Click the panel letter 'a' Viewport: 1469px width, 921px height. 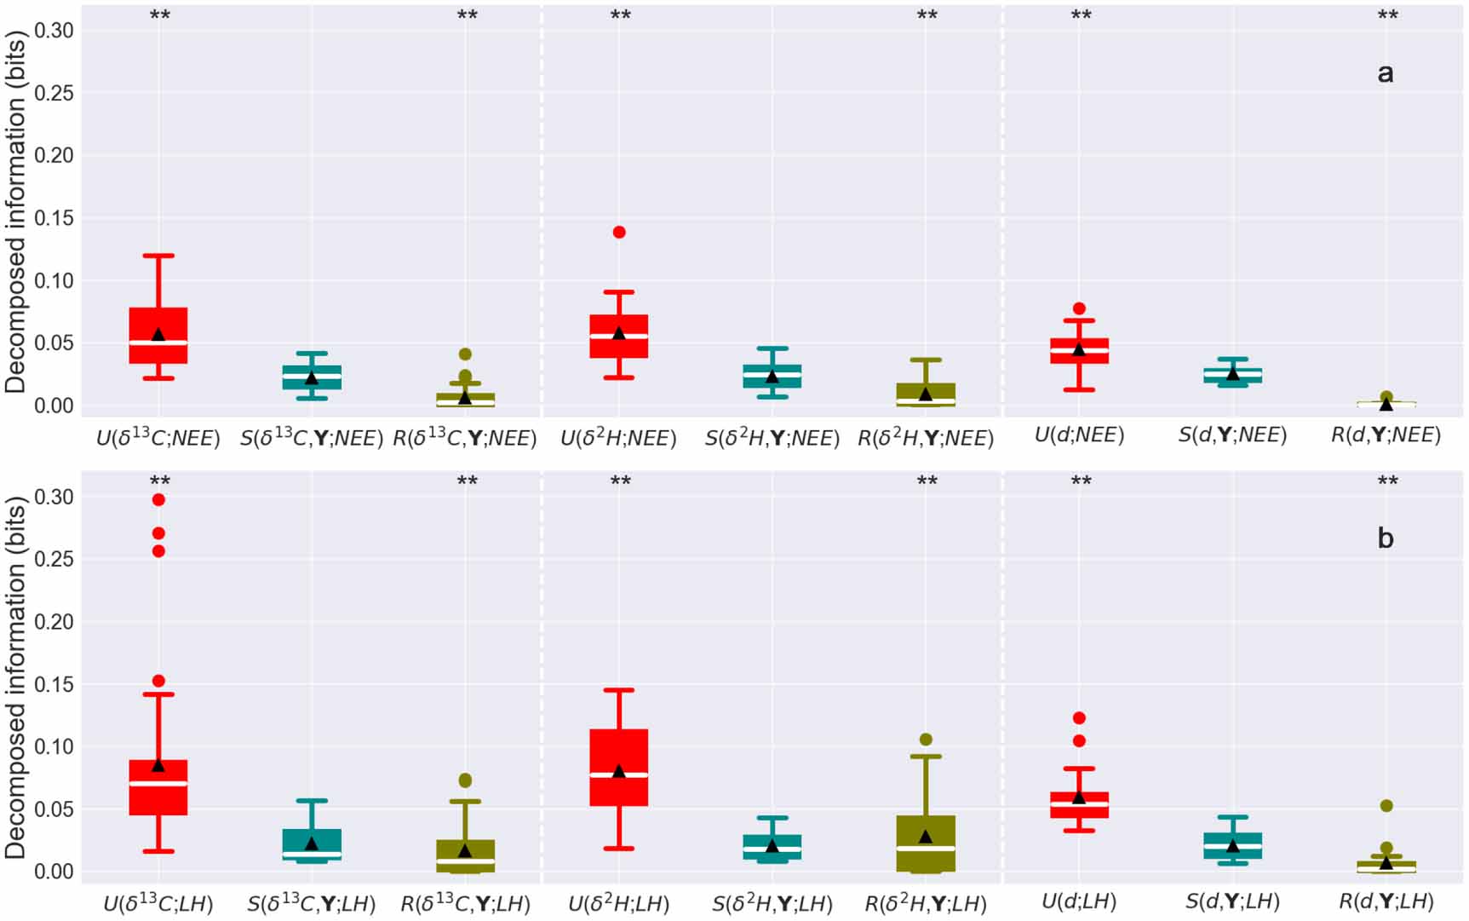tap(1386, 74)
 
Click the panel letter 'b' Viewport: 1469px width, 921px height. tap(1386, 538)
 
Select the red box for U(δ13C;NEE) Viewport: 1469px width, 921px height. tap(158, 324)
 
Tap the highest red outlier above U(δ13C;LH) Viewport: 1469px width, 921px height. tap(158, 500)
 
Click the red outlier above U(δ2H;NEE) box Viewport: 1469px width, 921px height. tap(619, 233)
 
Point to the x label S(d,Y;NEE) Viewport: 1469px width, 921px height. tap(1232, 435)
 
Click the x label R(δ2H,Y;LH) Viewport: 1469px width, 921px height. tap(926, 903)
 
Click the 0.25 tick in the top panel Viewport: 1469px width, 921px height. tap(54, 93)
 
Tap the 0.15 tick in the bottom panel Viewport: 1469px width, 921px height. tap(54, 684)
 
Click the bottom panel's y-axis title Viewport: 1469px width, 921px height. tap(15, 677)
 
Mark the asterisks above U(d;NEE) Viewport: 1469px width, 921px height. tap(1081, 16)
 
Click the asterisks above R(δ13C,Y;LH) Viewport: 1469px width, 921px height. tap(467, 482)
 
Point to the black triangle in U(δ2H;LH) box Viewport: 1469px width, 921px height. tap(619, 771)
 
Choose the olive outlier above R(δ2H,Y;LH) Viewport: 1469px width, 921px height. tap(926, 740)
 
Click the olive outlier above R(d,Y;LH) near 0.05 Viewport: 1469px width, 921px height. tap(1386, 806)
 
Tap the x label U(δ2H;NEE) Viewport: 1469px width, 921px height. tap(618, 439)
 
